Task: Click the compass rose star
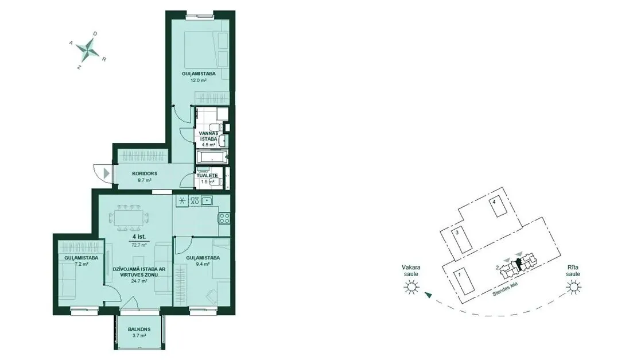tap(88, 51)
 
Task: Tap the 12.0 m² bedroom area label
tap(199, 80)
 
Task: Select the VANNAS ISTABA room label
tap(209, 136)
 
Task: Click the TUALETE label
tap(207, 176)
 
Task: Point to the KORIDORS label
tap(144, 173)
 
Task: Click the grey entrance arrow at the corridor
tap(106, 173)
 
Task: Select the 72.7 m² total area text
tap(139, 245)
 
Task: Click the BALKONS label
tap(139, 330)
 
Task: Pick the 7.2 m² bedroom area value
tap(81, 264)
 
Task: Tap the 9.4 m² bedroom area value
tap(203, 264)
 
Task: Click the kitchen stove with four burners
tap(224, 218)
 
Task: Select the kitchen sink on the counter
tap(207, 200)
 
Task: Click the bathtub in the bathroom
tap(212, 157)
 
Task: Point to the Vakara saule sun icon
tap(411, 288)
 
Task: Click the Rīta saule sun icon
tap(574, 288)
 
